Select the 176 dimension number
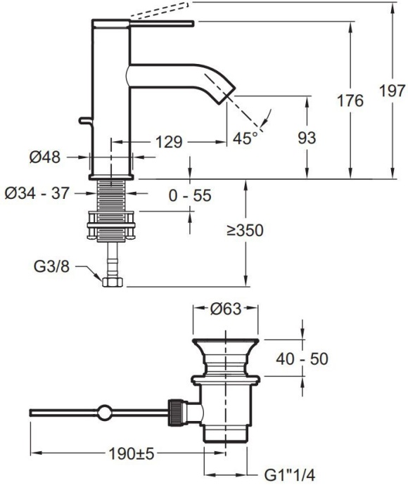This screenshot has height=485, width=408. (x=350, y=101)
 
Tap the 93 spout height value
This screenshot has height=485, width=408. (x=307, y=137)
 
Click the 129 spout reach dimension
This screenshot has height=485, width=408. (x=169, y=142)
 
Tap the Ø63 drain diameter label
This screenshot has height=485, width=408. (x=226, y=308)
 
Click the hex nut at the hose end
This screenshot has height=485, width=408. (x=112, y=283)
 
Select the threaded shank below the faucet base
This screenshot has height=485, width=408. (x=111, y=194)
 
